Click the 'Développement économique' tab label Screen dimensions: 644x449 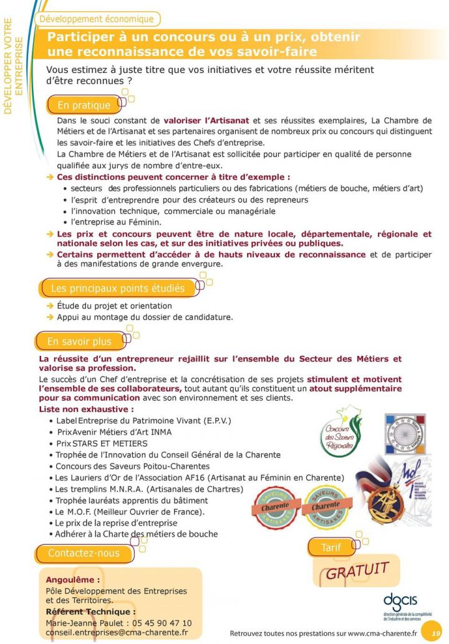click(96, 19)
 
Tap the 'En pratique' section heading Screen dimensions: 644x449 click(84, 105)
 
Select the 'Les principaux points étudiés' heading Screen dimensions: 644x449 click(117, 289)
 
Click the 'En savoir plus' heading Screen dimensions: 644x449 click(79, 342)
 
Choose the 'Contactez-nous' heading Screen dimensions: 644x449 click(84, 553)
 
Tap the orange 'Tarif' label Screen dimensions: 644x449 click(331, 547)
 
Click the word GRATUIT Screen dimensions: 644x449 click(357, 570)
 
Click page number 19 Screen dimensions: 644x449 click(435, 633)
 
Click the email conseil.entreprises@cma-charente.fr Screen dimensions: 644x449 click(117, 632)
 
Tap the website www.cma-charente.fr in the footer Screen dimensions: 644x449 click(382, 633)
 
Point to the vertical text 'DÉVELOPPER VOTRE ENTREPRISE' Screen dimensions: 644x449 click(13, 65)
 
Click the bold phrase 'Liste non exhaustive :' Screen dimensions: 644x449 click(86, 410)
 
